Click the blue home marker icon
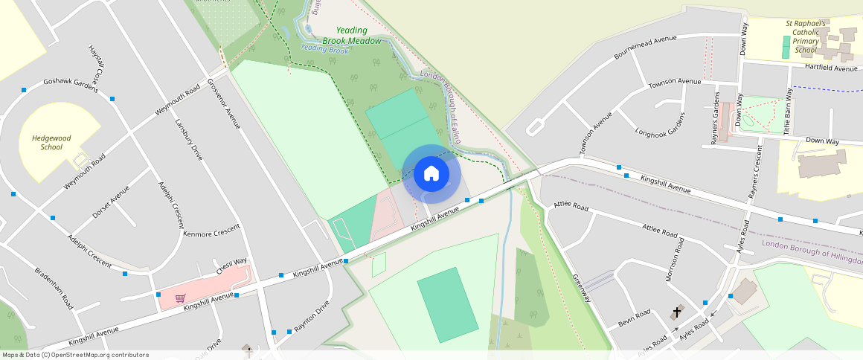pyautogui.click(x=431, y=173)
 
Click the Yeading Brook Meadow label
pyautogui.click(x=352, y=36)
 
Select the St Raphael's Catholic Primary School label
pyautogui.click(x=806, y=36)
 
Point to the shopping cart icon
pyautogui.click(x=180, y=298)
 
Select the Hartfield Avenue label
pyautogui.click(x=831, y=68)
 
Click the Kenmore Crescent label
pyautogui.click(x=212, y=231)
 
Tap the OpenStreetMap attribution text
pyautogui.click(x=75, y=355)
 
